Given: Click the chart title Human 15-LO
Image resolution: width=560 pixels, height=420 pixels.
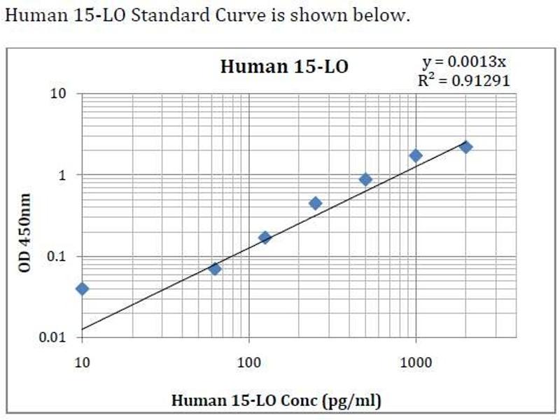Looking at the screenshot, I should [x=284, y=67].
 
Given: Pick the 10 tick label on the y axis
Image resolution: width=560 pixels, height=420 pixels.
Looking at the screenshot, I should [x=58, y=93].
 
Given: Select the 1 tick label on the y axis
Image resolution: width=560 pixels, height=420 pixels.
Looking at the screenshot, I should [x=62, y=175].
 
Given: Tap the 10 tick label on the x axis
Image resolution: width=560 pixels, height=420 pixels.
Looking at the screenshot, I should [x=83, y=363].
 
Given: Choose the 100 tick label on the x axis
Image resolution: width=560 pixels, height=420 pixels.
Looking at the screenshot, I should [x=249, y=363].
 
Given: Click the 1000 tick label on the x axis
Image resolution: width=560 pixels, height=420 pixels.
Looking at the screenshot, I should [x=416, y=363].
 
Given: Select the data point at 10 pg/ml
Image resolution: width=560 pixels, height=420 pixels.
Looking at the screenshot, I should [x=83, y=288].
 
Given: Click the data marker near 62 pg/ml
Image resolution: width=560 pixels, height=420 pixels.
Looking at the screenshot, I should [x=215, y=268].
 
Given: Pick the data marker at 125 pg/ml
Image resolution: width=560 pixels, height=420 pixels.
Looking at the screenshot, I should [x=265, y=237].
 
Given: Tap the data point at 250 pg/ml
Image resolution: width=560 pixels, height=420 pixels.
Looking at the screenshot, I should [x=315, y=203].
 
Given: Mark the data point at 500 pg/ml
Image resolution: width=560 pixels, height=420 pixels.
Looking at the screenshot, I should [x=365, y=179].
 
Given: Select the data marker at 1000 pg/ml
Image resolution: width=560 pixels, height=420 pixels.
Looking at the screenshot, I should [x=416, y=155].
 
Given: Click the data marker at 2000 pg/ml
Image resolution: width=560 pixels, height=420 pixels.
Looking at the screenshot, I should [x=466, y=147].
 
